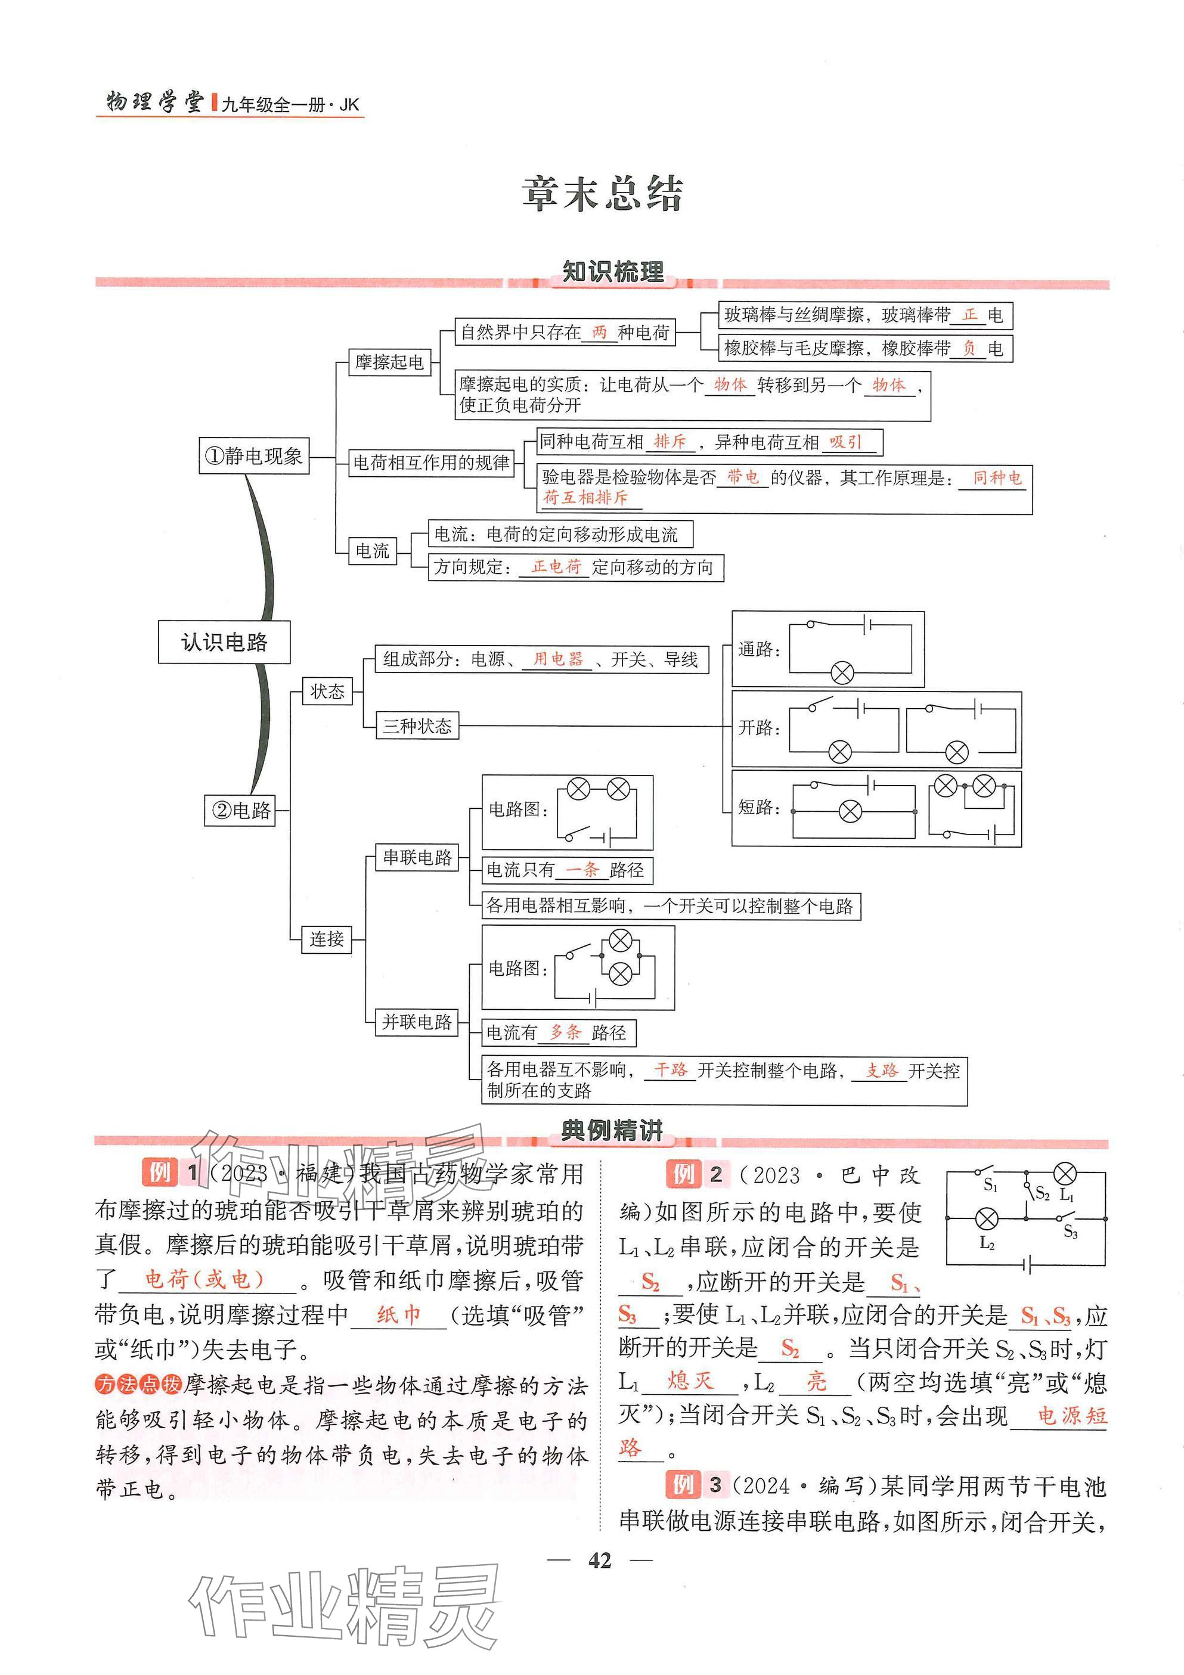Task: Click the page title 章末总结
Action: [602, 194]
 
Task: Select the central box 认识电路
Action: [224, 642]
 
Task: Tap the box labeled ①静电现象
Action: [254, 456]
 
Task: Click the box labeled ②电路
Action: [240, 809]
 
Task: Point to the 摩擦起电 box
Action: [389, 362]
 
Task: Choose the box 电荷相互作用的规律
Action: [431, 463]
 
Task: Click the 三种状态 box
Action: [417, 726]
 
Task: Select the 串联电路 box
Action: [417, 857]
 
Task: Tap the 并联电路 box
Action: [417, 1021]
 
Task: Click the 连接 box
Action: [326, 939]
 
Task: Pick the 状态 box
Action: [327, 691]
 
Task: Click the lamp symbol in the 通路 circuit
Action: [842, 672]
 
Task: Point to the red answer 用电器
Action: [558, 659]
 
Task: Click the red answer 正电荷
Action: [556, 566]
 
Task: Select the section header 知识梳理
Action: [612, 272]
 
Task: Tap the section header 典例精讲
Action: [612, 1130]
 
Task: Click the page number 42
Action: [599, 1560]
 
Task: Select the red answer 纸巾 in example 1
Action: [398, 1314]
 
